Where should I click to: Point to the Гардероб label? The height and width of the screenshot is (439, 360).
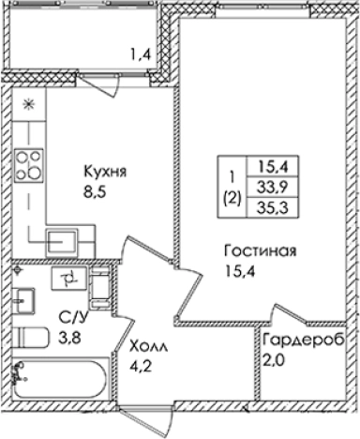coord(304,339)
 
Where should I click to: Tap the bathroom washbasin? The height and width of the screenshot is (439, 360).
coord(25,299)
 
